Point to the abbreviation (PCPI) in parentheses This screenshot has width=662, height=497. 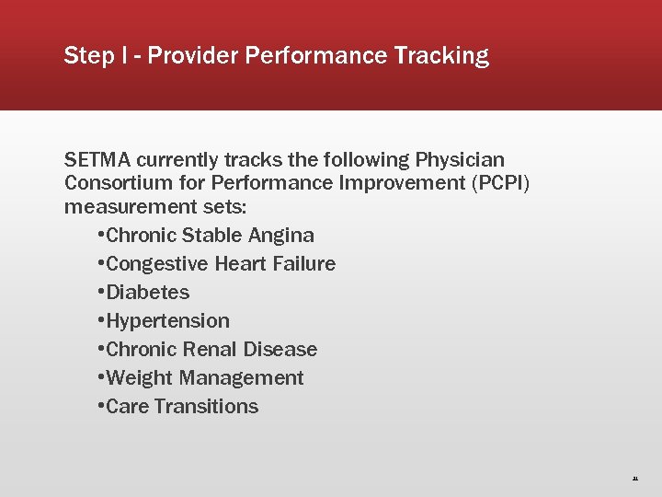tap(500, 182)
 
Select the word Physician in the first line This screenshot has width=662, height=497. tap(460, 160)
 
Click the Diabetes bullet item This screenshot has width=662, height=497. tap(148, 293)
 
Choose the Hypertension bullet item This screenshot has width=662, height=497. tap(168, 321)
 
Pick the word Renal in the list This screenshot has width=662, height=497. tap(211, 350)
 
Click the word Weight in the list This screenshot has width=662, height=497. tap(141, 378)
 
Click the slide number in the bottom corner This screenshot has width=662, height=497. tap(634, 479)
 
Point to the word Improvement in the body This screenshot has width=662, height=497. tap(407, 182)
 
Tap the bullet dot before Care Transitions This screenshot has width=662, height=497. tap(100, 407)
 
